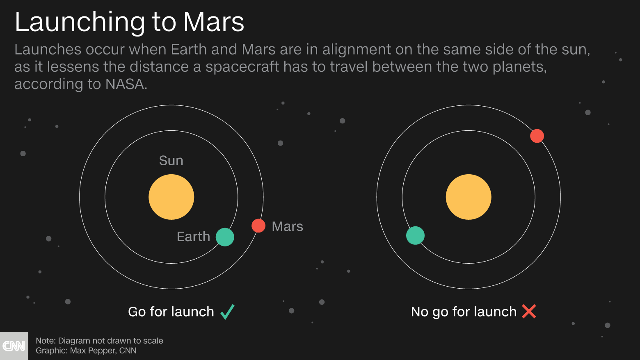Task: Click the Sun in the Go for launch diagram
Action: click(x=171, y=197)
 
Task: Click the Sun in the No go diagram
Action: click(x=469, y=197)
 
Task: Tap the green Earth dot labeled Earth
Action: click(x=225, y=237)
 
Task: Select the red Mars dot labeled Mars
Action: click(x=258, y=226)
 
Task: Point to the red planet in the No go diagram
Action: click(x=537, y=136)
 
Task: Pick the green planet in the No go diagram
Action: click(x=415, y=236)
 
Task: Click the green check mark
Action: click(x=227, y=312)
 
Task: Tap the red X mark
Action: click(x=529, y=312)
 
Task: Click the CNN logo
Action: click(x=14, y=346)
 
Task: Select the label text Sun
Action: click(x=171, y=161)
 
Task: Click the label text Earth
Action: click(x=193, y=237)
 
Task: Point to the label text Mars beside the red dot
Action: click(x=287, y=226)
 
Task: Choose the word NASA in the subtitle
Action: click(x=125, y=84)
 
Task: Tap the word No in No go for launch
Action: click(x=420, y=312)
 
